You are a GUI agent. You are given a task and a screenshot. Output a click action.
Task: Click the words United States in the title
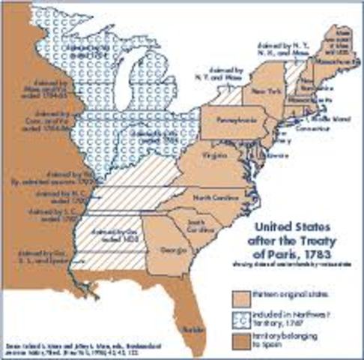click(288, 225)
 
